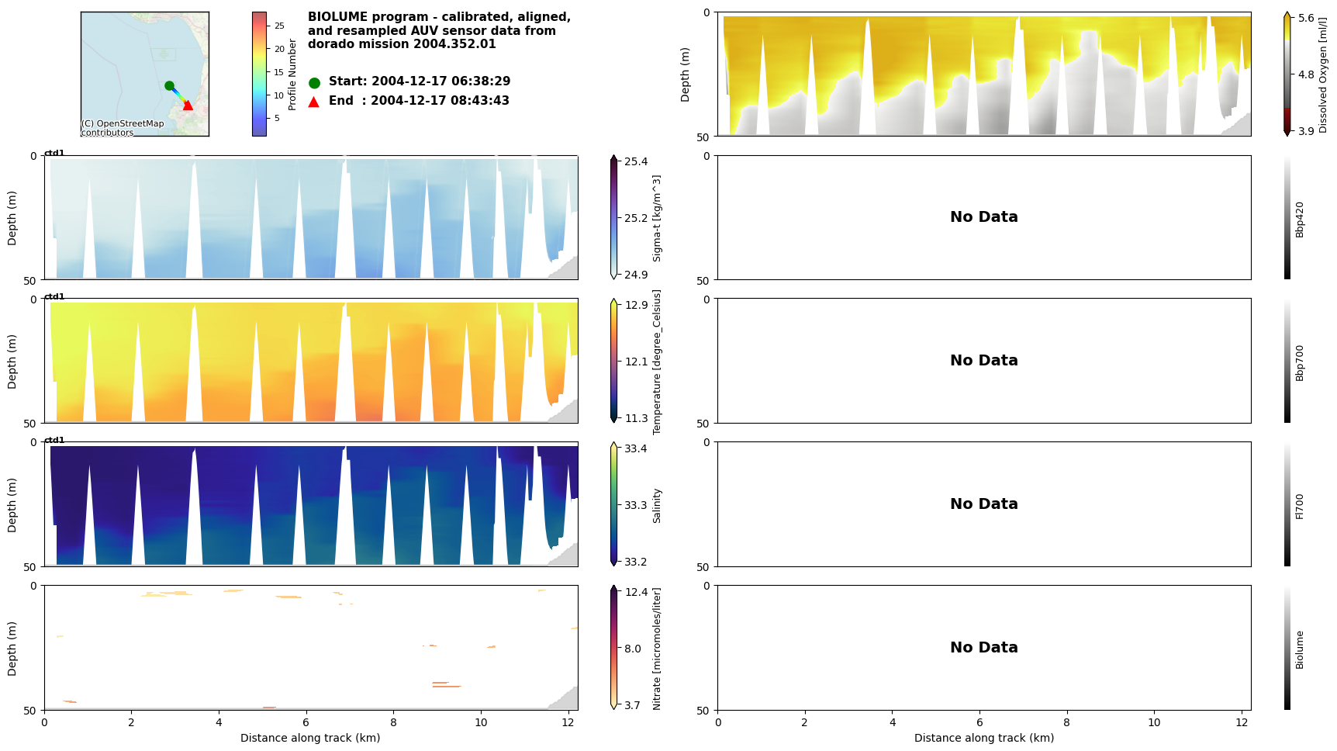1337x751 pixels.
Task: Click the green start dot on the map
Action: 169,85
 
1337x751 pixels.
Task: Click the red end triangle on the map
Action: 188,105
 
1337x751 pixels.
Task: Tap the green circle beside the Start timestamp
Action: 314,82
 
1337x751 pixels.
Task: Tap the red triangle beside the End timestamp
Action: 314,102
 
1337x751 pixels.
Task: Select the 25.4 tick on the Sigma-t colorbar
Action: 636,161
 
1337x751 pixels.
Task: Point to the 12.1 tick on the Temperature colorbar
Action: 636,362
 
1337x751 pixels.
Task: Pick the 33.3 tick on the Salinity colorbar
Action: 636,505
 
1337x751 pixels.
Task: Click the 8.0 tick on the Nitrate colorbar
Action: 633,649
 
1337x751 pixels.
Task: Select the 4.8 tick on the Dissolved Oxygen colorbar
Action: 1306,74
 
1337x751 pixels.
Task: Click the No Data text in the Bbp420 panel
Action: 983,217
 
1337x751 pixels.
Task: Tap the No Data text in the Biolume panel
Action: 983,647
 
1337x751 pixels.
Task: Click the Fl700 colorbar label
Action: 1300,506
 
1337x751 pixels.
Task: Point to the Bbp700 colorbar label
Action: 1300,362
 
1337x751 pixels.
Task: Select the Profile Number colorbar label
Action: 292,74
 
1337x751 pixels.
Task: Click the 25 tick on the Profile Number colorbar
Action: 279,26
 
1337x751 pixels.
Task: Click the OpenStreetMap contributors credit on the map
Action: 123,128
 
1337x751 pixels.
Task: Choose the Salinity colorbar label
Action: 657,505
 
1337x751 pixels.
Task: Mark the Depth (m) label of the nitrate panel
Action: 12,649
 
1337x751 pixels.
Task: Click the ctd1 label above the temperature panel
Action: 54,296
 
